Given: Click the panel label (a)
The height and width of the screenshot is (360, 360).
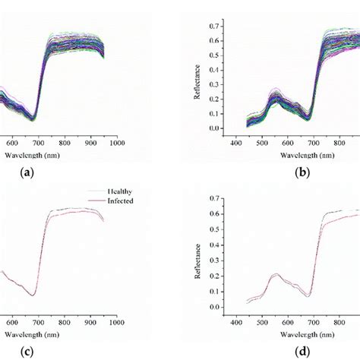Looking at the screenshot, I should pos(28,172).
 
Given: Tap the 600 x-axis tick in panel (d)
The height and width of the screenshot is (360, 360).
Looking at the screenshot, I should pos(286,321).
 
